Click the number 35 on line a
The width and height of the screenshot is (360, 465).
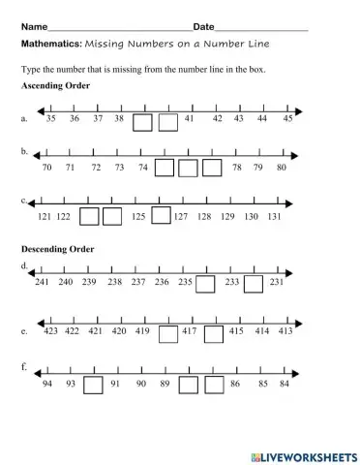pos(50,117)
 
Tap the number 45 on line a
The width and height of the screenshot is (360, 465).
pos(287,117)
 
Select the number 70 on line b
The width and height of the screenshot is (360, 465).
pos(46,168)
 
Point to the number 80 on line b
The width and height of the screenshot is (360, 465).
pos(281,168)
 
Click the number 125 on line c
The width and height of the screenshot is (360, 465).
pos(138,217)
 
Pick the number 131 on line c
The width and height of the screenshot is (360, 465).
pos(275,217)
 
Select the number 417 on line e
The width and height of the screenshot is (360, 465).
pos(190,331)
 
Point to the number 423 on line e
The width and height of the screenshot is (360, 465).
pos(50,331)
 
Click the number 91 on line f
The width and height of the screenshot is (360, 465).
pos(116,384)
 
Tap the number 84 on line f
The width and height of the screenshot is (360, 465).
pos(284,384)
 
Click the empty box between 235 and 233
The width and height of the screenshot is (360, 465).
pos(205,283)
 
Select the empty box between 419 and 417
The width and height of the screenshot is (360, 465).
pos(167,333)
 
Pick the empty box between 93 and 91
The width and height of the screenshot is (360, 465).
pos(93,385)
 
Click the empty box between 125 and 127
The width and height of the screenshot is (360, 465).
pos(161,215)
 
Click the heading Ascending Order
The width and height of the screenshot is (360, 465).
pos(55,86)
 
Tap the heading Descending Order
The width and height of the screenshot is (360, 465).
pos(57,249)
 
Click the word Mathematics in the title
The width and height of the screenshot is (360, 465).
pos(50,44)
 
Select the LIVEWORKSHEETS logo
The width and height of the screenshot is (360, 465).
pos(303,454)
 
